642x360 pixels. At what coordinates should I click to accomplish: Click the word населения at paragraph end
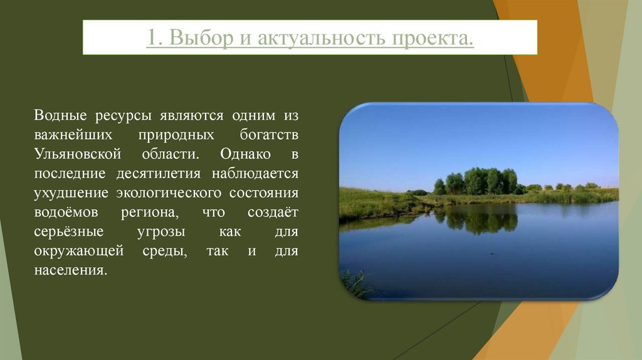(x=70, y=271)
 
